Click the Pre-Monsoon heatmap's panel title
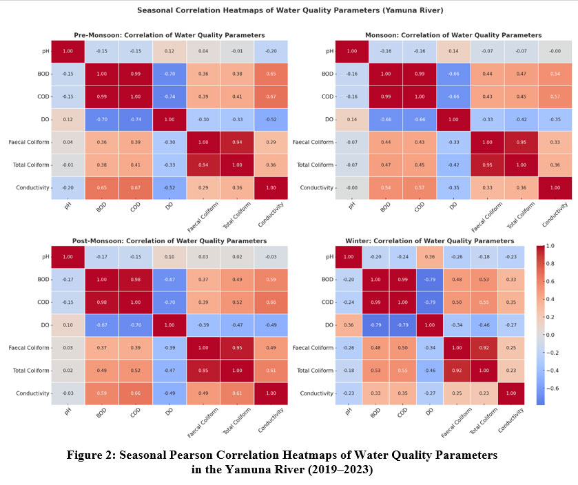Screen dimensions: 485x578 click(169, 35)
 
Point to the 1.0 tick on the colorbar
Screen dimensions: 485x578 click(550, 245)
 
